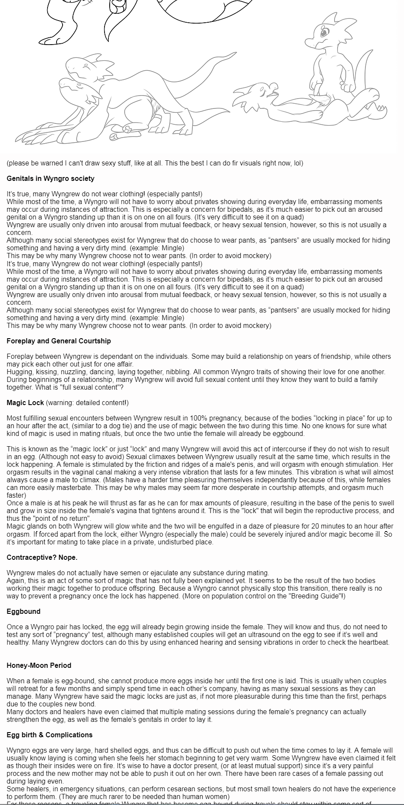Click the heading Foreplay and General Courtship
coord(59,341)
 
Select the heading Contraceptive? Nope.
coord(42,557)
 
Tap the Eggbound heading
coord(24,611)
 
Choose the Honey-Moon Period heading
coord(39,665)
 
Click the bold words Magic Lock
coord(25,402)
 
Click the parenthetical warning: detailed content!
coord(87,402)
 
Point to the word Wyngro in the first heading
coord(51,178)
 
